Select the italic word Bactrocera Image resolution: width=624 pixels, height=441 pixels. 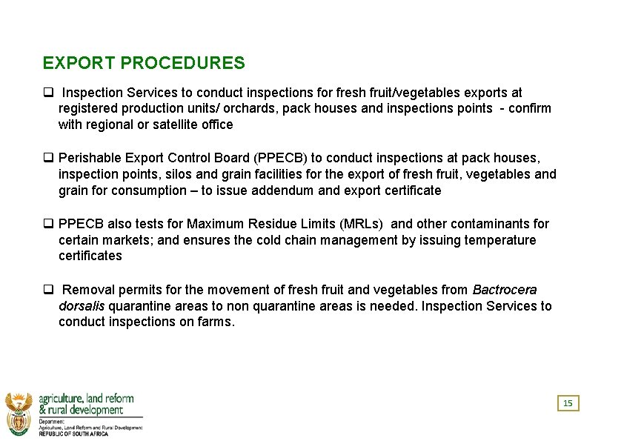tap(505, 290)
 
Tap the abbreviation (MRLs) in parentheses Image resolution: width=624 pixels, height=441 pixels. tap(361, 224)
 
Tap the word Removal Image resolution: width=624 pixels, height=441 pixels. tap(87, 290)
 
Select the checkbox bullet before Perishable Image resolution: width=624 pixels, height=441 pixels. tap(47, 158)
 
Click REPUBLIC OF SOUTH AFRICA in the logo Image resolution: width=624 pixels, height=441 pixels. tap(73, 434)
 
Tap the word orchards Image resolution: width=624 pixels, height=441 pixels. tap(248, 108)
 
